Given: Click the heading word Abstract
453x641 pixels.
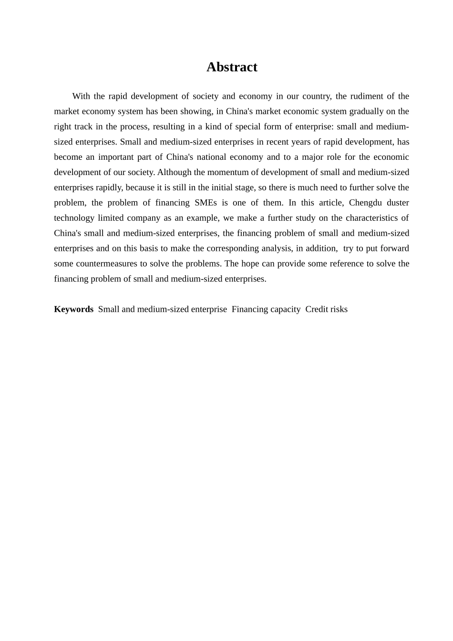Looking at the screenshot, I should (x=232, y=67).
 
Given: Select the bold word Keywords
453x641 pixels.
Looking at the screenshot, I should (x=73, y=309).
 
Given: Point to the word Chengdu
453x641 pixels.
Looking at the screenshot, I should (x=365, y=203).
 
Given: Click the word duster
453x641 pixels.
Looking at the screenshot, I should (x=398, y=203).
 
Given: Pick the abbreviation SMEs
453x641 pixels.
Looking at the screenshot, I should (x=206, y=203).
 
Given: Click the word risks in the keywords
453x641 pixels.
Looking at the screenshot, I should (x=339, y=309).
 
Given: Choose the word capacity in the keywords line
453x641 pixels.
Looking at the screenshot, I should (x=285, y=309).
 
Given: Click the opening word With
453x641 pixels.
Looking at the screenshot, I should (x=81, y=96).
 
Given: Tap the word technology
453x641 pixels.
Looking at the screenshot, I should (x=74, y=218).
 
